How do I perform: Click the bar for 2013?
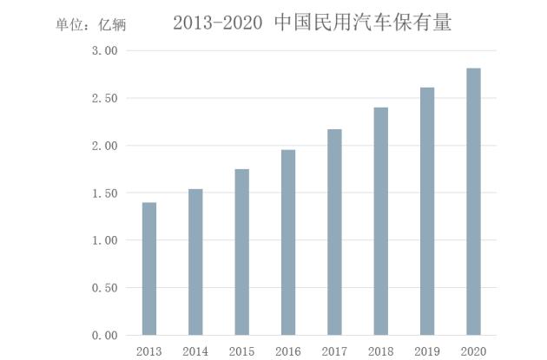click(149, 269)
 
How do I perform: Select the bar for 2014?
click(195, 262)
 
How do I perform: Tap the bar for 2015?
click(241, 252)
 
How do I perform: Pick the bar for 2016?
click(288, 243)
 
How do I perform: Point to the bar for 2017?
click(334, 232)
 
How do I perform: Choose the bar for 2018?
click(380, 221)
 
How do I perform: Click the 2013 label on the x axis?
click(149, 350)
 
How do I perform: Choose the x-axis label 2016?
click(288, 350)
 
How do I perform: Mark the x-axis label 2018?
click(380, 350)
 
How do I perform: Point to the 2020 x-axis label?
click(473, 350)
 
